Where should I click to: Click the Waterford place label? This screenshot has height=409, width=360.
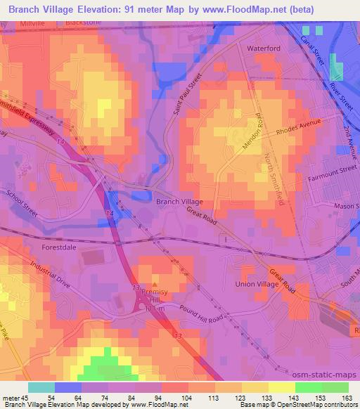264,48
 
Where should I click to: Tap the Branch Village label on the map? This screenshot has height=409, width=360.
179,201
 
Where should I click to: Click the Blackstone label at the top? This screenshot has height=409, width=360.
83,22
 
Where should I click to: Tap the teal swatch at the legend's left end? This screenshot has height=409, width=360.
41,387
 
